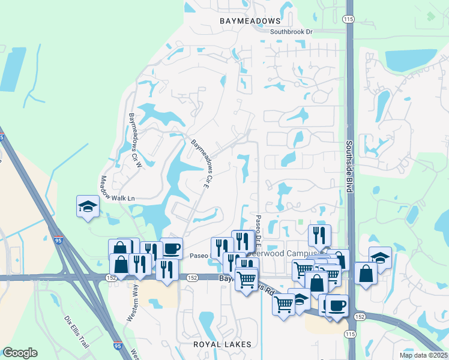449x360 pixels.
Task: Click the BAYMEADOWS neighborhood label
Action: tap(246, 21)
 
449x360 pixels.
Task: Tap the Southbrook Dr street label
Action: tap(292, 32)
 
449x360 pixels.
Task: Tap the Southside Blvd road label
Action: tap(348, 167)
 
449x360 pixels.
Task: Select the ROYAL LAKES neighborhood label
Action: tap(220, 344)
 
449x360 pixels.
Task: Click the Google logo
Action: tap(20, 353)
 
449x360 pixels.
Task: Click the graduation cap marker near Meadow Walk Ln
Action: tap(88, 206)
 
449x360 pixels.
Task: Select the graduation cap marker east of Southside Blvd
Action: tap(380, 257)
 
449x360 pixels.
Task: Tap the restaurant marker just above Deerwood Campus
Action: tap(319, 235)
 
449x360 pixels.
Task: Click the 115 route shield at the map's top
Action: tap(348, 20)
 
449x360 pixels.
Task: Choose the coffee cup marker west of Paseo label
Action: tap(171, 248)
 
